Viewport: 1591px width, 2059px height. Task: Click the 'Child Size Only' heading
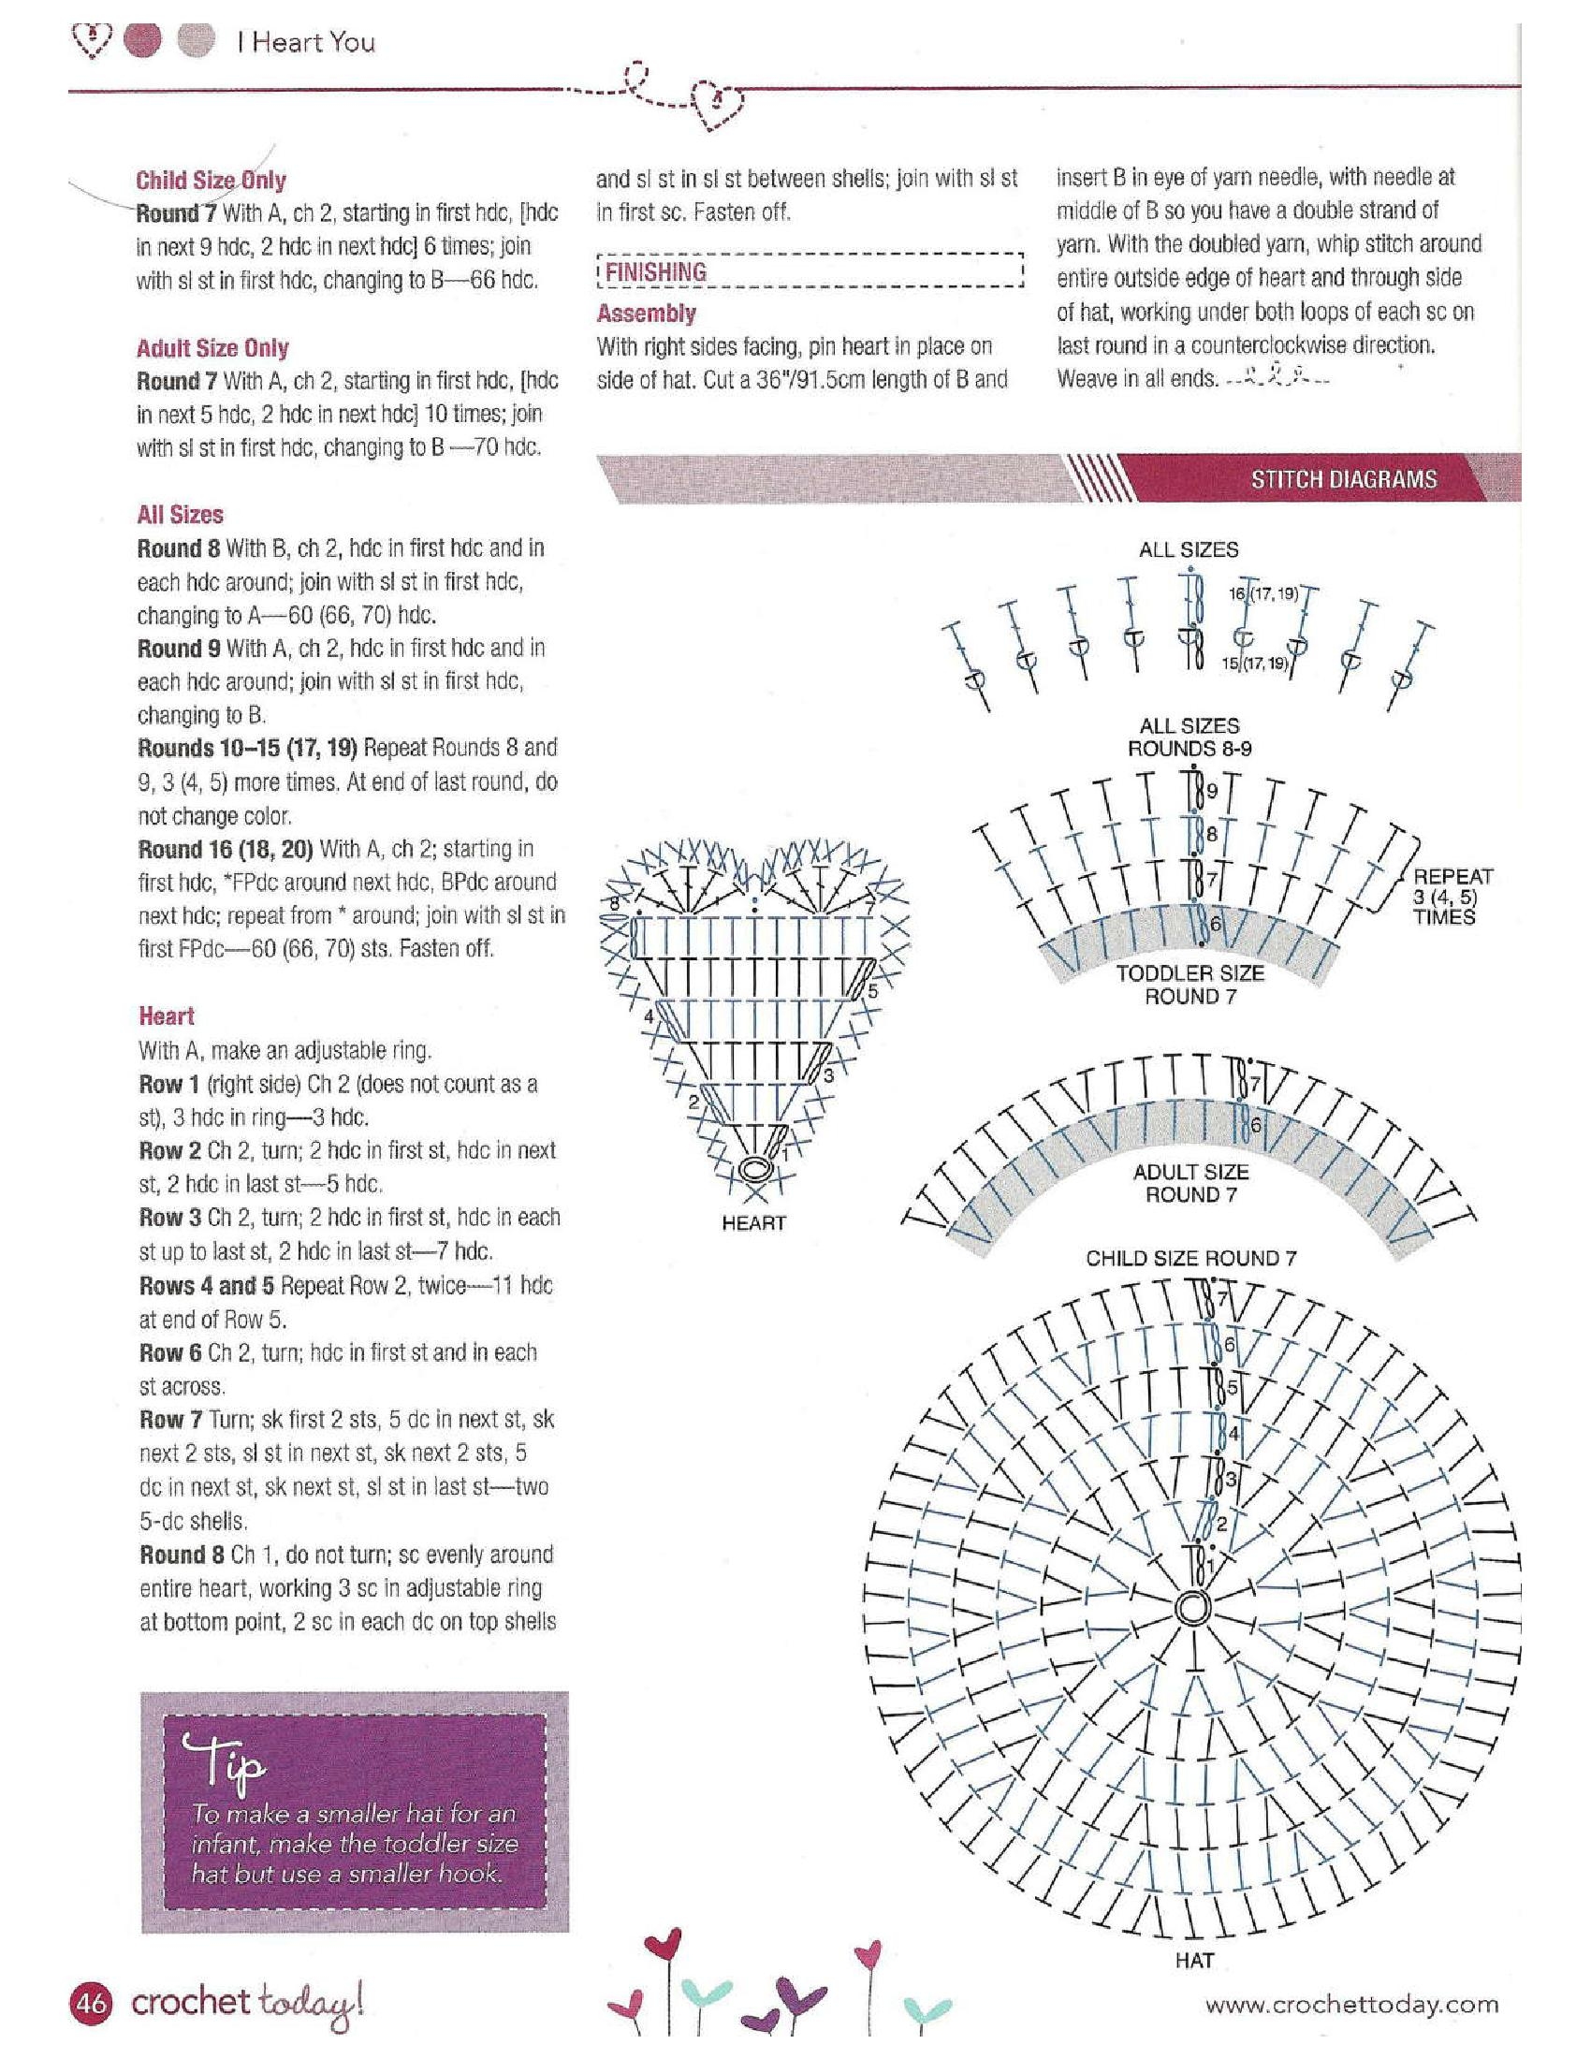pos(211,180)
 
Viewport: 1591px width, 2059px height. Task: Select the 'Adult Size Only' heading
pos(212,348)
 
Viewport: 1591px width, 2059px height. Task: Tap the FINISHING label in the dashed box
pos(656,271)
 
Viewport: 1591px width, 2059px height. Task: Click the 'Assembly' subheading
pos(647,313)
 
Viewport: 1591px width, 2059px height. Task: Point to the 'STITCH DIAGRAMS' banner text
pos(1343,479)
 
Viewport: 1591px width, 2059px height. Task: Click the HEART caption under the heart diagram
pos(753,1223)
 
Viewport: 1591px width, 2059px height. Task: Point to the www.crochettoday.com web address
pos(1351,2004)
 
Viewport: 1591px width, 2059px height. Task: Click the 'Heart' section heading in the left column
pos(167,1016)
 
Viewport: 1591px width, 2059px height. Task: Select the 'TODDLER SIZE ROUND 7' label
pos(1190,985)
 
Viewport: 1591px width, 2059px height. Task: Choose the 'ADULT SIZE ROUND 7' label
pos(1190,1183)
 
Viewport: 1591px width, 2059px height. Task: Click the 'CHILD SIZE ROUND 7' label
pos(1190,1258)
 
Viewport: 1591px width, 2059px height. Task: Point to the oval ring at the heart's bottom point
pos(754,1169)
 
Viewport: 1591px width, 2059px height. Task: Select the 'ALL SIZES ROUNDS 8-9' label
pos(1190,737)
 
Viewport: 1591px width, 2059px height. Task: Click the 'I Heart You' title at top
pos(305,41)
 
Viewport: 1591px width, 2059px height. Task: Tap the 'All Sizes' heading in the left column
pos(180,515)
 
